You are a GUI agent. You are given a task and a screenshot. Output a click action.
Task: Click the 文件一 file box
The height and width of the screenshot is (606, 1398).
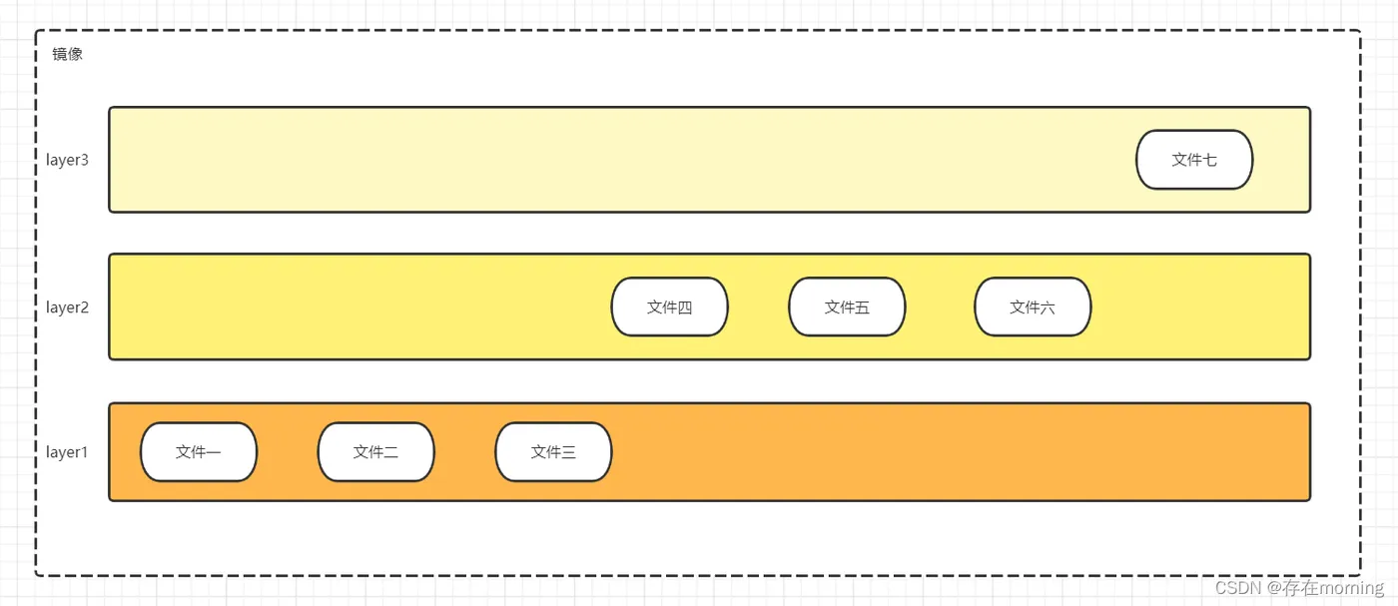199,452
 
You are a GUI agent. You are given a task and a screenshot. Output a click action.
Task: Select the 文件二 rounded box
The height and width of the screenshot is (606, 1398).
375,452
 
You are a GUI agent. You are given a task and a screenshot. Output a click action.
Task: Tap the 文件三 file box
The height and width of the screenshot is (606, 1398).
553,452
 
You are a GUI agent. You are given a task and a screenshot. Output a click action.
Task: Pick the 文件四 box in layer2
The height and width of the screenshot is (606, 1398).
670,307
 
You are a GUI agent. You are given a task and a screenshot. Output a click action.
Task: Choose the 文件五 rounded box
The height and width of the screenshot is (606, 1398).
847,307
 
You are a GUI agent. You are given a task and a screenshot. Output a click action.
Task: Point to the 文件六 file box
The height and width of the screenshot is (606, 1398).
1033,307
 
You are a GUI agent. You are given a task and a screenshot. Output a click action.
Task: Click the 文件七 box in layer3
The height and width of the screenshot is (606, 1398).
1194,160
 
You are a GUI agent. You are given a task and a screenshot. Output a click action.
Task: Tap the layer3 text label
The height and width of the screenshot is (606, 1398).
68,161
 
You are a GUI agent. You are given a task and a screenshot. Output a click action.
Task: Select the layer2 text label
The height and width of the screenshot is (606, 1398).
68,307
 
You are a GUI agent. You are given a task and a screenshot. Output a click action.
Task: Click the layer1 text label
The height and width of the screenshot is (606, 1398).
67,452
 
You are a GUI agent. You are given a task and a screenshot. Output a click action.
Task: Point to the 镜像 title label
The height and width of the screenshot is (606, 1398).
68,54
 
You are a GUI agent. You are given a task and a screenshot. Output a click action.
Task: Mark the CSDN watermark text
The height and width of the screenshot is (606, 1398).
1238,588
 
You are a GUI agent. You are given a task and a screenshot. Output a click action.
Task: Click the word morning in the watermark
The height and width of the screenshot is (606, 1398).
1352,588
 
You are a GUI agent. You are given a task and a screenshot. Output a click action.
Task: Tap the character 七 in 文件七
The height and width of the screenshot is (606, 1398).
1209,160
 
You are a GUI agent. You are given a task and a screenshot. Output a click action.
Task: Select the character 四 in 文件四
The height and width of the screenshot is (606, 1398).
685,307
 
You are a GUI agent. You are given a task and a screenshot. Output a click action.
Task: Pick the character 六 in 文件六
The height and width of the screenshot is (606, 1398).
1048,307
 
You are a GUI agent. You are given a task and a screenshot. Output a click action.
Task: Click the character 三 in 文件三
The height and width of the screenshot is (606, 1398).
568,452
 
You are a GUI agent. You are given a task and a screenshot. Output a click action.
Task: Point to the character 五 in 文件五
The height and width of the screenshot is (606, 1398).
862,307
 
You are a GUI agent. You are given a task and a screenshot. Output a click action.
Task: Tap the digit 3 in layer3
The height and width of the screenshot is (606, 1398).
85,161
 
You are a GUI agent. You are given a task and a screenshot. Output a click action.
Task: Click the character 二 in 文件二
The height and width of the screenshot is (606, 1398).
390,452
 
